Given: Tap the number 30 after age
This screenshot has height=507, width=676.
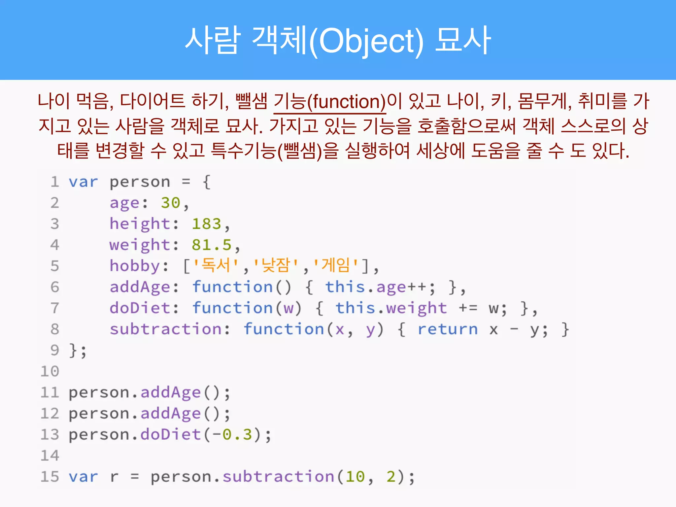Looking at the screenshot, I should [x=170, y=203].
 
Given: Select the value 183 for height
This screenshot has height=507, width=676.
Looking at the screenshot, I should [x=206, y=224].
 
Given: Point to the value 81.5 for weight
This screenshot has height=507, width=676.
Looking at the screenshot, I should [x=212, y=245].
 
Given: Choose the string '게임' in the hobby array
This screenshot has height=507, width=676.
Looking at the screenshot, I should [x=335, y=265].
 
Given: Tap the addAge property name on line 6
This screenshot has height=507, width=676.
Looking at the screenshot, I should [x=140, y=287].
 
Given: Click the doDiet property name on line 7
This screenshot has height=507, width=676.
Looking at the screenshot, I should [x=140, y=308].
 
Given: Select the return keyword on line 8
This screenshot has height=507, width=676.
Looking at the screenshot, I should [x=448, y=329].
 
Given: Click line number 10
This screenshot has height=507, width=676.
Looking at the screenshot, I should [x=50, y=371].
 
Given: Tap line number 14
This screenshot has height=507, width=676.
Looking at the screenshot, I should [x=50, y=456].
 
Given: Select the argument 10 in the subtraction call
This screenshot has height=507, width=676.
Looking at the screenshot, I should [x=355, y=477].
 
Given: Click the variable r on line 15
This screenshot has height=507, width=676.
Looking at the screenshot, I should [x=114, y=477].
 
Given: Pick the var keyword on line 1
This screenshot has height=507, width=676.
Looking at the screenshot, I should [x=83, y=182].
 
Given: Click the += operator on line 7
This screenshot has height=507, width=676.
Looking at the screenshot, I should [x=468, y=308].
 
